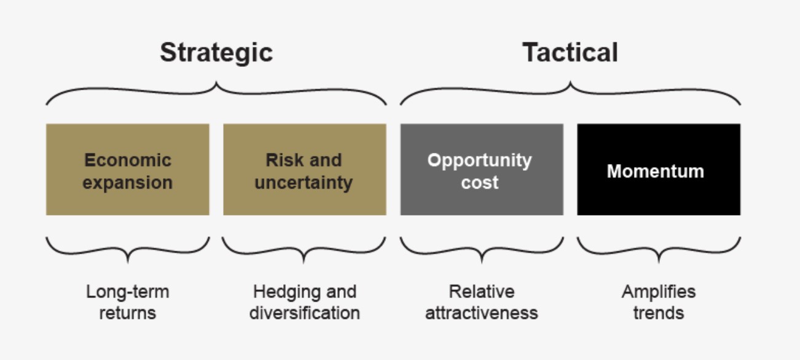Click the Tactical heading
[570, 52]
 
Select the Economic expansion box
[128, 170]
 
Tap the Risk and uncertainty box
[305, 170]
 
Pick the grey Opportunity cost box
[482, 170]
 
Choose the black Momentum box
[659, 170]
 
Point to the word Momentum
[656, 171]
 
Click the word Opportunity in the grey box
[479, 161]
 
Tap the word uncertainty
[304, 183]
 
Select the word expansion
[128, 183]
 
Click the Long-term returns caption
[128, 302]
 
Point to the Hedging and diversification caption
[305, 302]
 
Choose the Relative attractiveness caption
[482, 302]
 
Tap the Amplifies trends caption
[659, 302]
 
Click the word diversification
[305, 313]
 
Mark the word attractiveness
[482, 313]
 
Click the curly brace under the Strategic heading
[216, 88]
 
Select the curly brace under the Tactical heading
[570, 88]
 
